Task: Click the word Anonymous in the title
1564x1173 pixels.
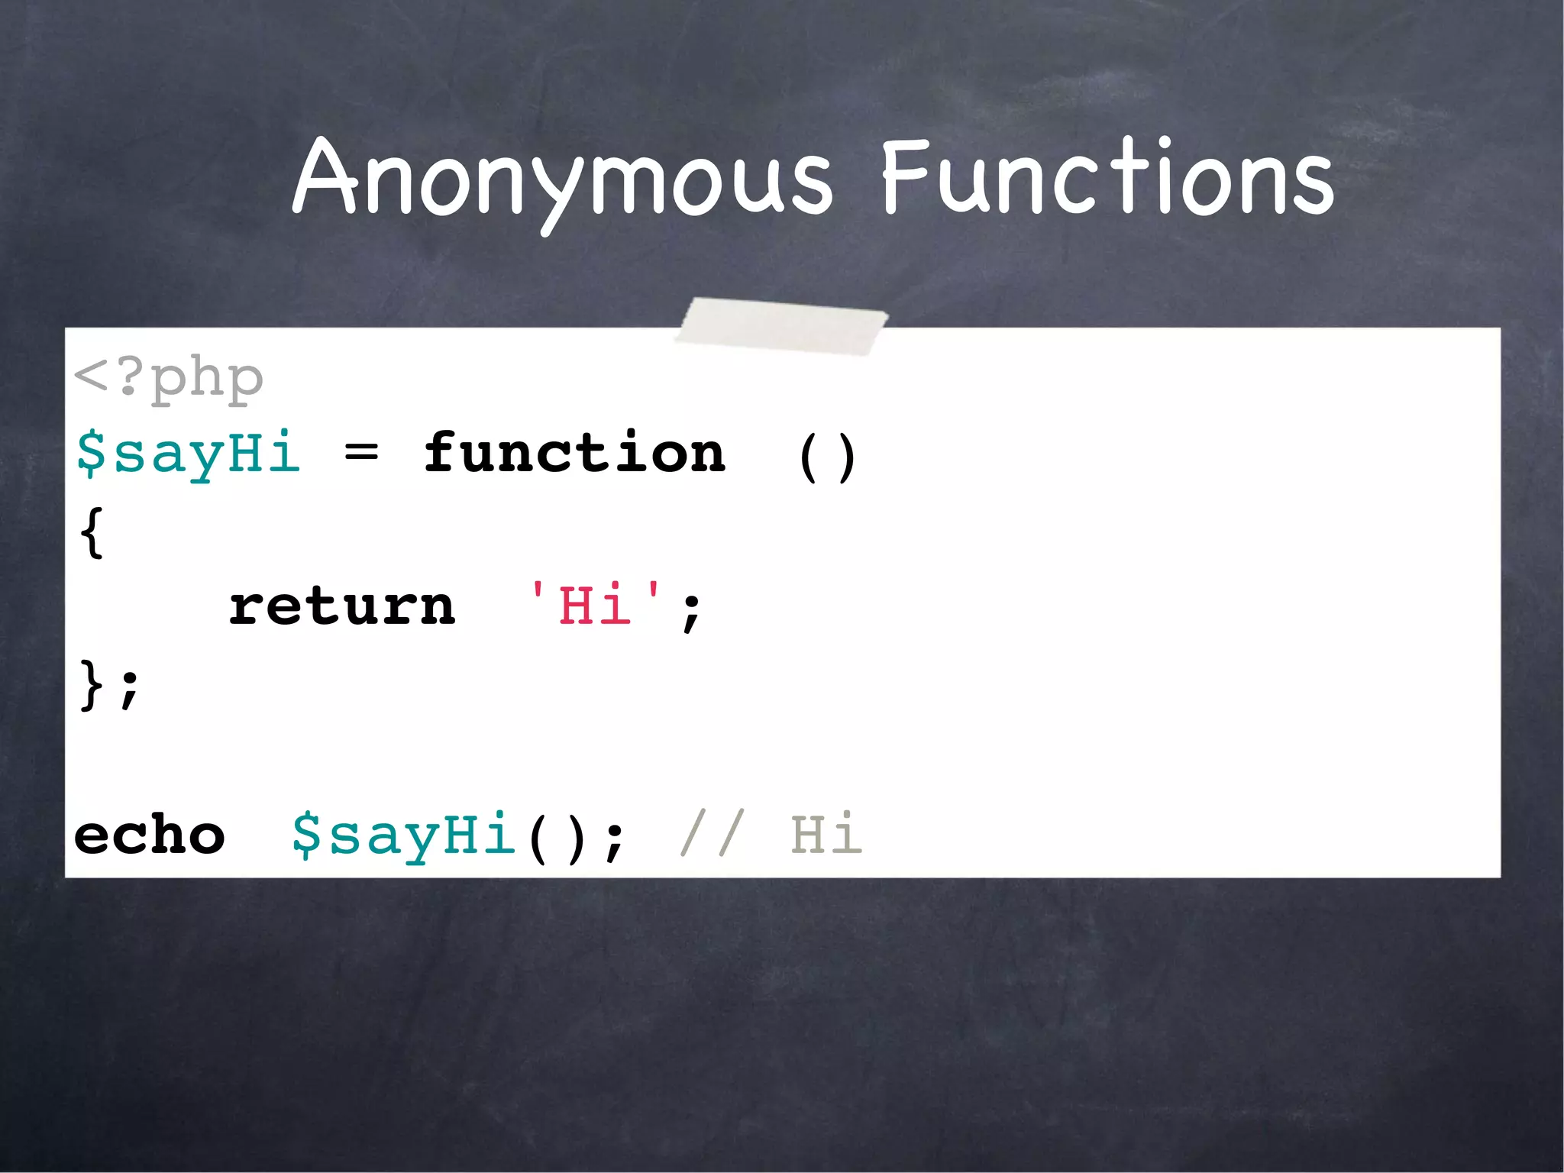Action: point(562,179)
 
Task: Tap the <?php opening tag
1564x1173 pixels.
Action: point(169,377)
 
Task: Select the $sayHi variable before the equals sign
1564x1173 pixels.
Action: point(188,454)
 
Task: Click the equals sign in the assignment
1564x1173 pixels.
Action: point(361,454)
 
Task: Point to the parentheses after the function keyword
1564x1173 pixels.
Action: point(826,457)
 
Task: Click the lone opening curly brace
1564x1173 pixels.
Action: point(92,532)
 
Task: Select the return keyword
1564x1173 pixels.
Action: point(342,606)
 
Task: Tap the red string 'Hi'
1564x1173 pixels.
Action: point(595,605)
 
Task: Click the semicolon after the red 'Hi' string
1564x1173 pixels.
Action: point(691,611)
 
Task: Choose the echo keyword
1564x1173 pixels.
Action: point(150,835)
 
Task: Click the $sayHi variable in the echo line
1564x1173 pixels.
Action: point(403,835)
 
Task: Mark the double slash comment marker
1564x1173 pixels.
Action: point(710,834)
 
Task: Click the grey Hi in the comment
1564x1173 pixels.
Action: point(826,834)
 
